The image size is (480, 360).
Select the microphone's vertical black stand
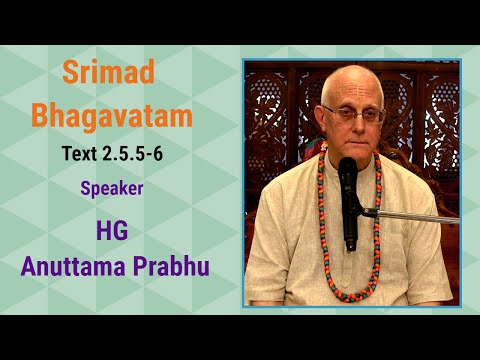point(349,225)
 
